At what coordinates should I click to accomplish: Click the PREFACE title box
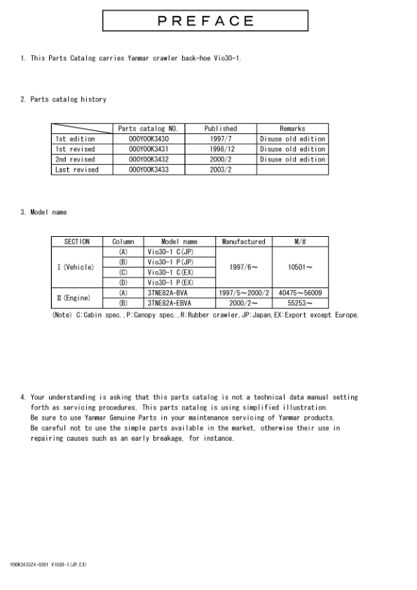[206, 21]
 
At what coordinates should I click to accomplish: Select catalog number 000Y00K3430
[149, 139]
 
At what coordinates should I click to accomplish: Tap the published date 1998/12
[221, 149]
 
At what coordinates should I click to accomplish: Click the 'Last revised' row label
[77, 170]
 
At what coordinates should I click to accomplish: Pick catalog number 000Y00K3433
[149, 170]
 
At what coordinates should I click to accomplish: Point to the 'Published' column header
[221, 129]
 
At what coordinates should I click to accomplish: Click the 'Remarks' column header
[292, 129]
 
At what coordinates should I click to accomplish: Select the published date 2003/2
[221, 170]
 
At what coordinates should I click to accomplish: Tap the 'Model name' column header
[179, 242]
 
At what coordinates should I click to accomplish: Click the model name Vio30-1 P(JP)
[170, 261]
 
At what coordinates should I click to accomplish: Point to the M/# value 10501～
[301, 267]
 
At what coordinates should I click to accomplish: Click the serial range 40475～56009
[301, 292]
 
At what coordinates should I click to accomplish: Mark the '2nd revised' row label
[75, 159]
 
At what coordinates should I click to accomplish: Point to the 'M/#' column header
[301, 242]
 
